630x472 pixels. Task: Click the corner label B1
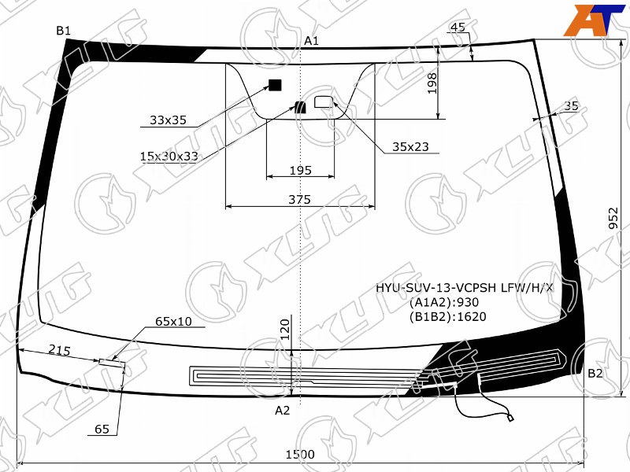click(x=63, y=31)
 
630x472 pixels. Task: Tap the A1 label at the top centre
click(x=311, y=41)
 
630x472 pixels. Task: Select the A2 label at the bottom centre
click(x=282, y=410)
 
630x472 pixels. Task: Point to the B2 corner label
click(x=595, y=373)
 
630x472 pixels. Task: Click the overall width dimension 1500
click(x=300, y=455)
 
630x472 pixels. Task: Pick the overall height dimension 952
click(x=613, y=218)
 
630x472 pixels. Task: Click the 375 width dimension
click(x=300, y=199)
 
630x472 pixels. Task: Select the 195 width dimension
click(x=301, y=171)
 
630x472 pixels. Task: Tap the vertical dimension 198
click(x=432, y=83)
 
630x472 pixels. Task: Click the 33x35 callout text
click(x=168, y=120)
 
